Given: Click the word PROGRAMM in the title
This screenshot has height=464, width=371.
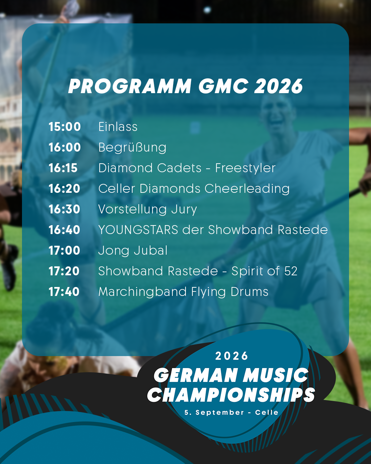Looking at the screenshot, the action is (130, 86).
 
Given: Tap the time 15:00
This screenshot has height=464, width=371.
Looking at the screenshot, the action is (65, 126).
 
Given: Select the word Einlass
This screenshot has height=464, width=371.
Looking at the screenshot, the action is (118, 126).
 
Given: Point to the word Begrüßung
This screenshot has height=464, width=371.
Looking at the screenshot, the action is (132, 148).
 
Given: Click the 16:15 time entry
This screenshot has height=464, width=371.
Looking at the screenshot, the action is (63, 168).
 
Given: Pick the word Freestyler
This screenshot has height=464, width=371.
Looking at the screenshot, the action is (245, 168).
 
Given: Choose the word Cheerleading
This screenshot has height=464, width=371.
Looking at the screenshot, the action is (247, 189).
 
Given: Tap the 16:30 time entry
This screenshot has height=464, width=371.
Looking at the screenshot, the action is (65, 209).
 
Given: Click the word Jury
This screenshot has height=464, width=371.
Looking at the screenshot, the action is (184, 210).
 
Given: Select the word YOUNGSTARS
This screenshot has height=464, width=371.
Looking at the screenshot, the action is (138, 230).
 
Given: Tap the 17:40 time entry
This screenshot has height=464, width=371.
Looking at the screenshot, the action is (64, 291).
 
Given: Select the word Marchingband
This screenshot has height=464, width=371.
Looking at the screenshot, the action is (143, 292).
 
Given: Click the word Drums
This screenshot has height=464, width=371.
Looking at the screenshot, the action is (249, 291).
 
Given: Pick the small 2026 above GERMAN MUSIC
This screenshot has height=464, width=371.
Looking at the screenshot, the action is (232, 356).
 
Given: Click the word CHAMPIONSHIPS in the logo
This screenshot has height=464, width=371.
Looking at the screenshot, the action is (231, 395).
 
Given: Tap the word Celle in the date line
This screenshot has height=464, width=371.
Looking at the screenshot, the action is (267, 412).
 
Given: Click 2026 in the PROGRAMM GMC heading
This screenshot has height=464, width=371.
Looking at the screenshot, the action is (279, 86).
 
